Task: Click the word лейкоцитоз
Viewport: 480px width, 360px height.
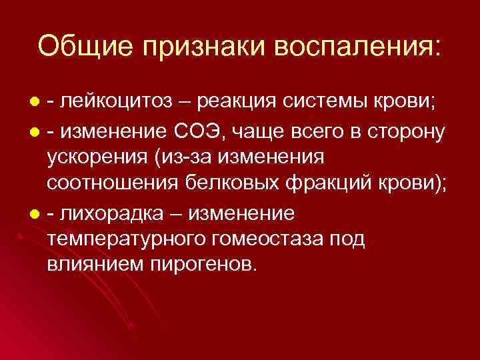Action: [115, 102]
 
